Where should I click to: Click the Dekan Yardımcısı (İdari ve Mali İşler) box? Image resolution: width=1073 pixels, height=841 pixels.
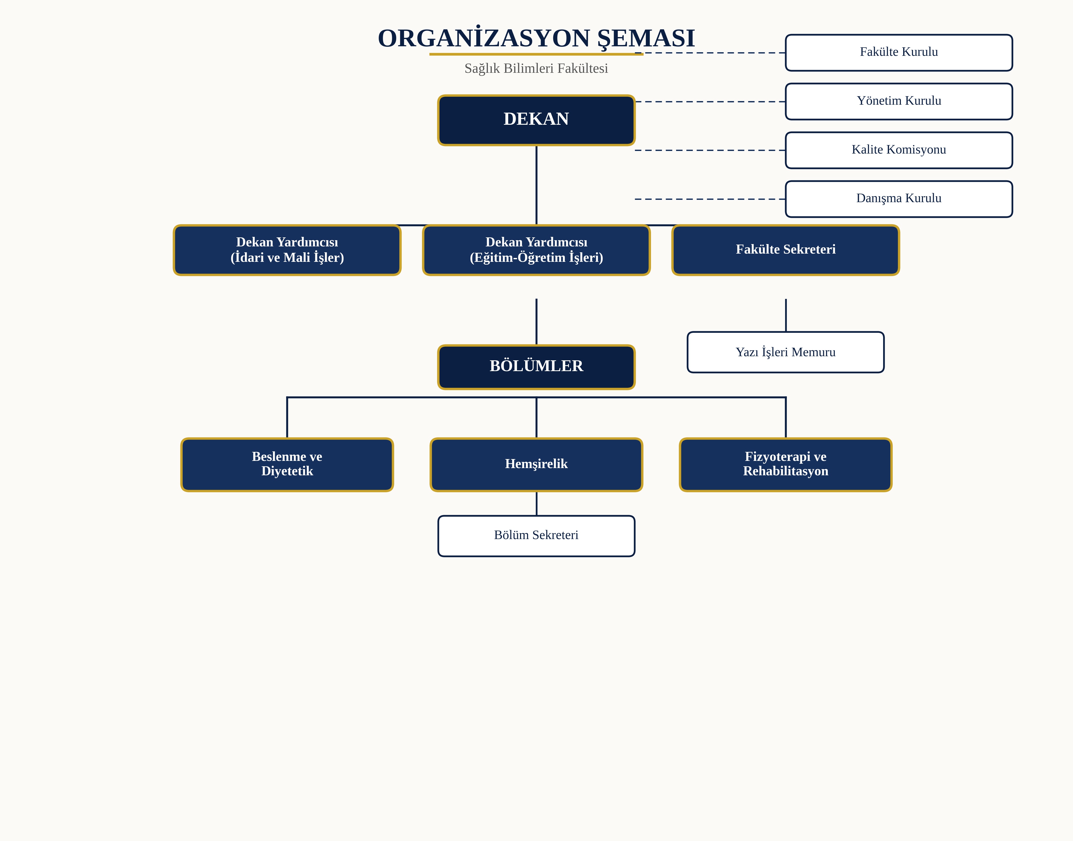click(x=287, y=250)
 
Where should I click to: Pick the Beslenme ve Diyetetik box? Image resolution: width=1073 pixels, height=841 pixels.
click(x=287, y=464)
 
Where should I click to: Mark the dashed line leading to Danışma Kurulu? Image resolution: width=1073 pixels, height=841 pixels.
click(x=710, y=199)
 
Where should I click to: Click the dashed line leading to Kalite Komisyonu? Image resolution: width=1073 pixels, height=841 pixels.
click(x=710, y=150)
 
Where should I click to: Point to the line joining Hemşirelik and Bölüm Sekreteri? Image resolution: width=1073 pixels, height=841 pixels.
click(x=536, y=503)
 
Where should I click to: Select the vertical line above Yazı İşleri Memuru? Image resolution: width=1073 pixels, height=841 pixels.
click(x=786, y=315)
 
